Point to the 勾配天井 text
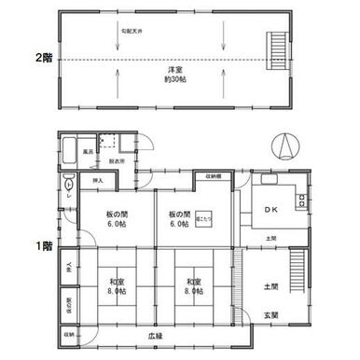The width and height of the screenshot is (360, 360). (x=131, y=30)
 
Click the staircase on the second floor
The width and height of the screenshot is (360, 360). (x=276, y=43)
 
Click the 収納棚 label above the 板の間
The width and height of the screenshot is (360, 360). (x=215, y=176)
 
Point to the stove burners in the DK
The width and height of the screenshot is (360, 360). (x=299, y=201)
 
